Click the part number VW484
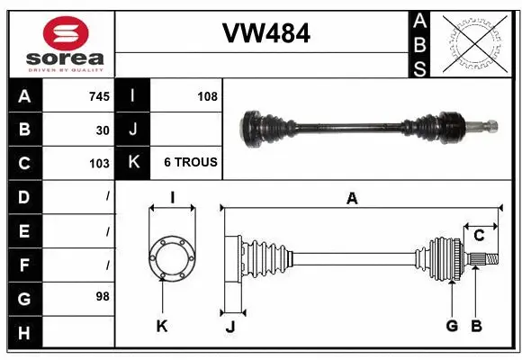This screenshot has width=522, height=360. click(x=265, y=34)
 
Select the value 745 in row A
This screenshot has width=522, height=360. click(x=99, y=95)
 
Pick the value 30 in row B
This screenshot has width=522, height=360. click(x=103, y=130)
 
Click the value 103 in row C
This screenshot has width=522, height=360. click(x=99, y=164)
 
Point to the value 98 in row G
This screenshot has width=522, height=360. click(x=103, y=295)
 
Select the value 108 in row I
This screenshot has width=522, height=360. click(x=207, y=95)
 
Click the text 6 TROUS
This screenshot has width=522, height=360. click(x=190, y=163)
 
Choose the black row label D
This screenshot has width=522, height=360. click(x=23, y=196)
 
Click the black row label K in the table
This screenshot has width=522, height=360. click(x=133, y=163)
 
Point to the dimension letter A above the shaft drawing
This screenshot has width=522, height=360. click(x=352, y=199)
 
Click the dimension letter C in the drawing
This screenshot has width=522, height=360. click(x=479, y=236)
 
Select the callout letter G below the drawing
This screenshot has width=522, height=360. click(x=452, y=326)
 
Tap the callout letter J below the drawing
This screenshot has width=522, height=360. click(x=230, y=327)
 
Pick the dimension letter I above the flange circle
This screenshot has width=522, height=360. click(x=171, y=197)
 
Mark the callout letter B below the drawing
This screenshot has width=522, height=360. click(x=477, y=326)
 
